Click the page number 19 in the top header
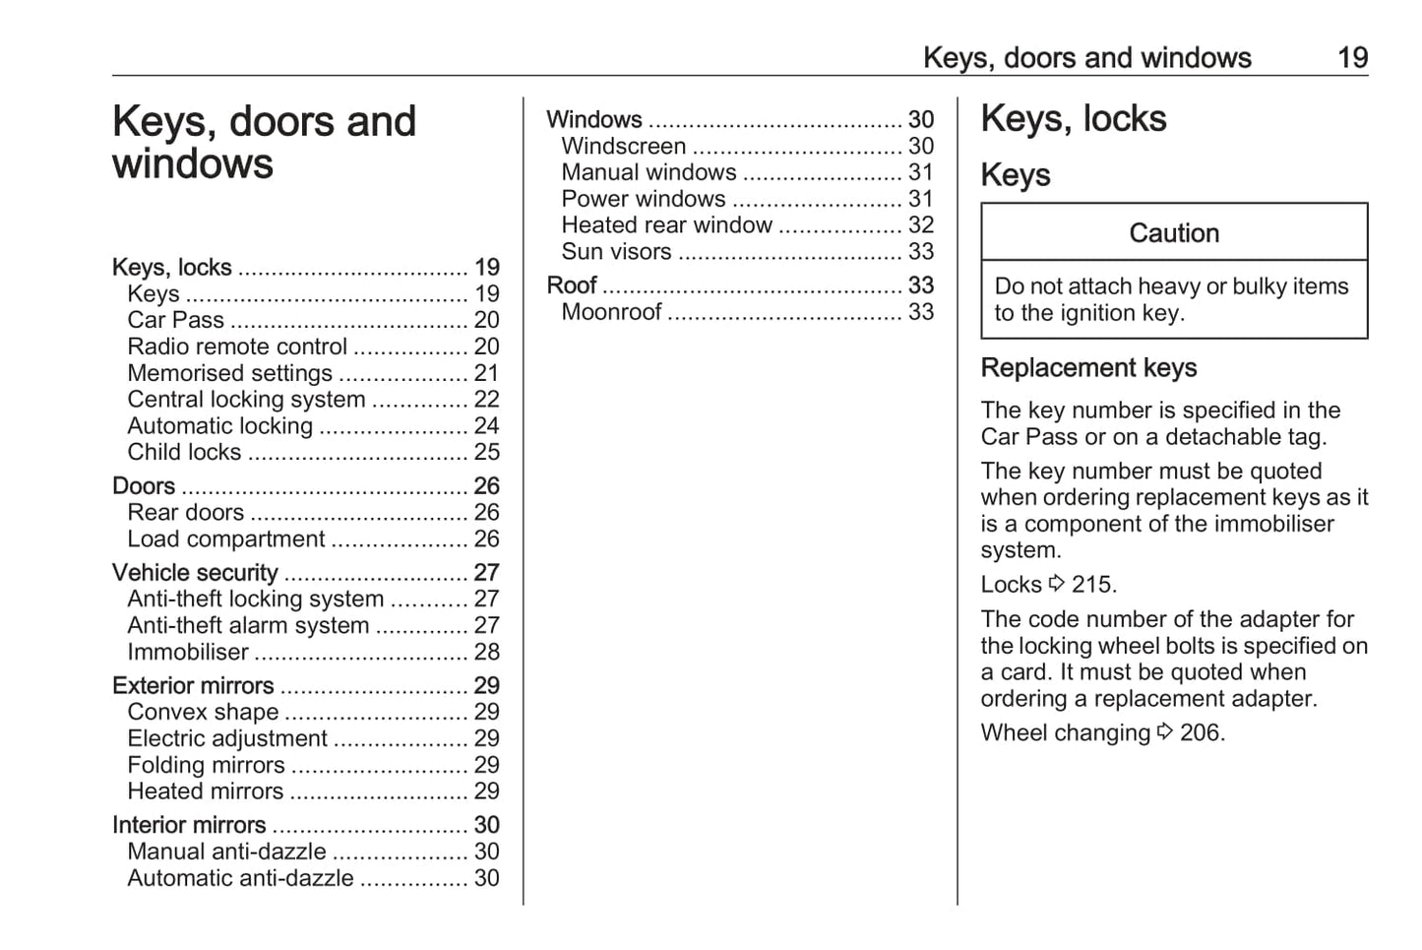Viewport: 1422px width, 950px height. pos(1352,58)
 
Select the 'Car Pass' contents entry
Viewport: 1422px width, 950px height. pos(175,320)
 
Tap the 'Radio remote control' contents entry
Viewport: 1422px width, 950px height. pos(237,347)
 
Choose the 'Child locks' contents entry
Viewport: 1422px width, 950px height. pos(184,452)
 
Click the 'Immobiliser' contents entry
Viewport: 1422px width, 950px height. pos(188,652)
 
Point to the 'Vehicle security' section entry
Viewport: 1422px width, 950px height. pos(195,572)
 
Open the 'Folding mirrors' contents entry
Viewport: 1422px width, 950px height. pos(206,765)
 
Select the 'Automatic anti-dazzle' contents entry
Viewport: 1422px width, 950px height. pos(240,878)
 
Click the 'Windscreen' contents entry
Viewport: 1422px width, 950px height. pos(624,146)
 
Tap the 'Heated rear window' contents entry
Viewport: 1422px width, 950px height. pos(666,225)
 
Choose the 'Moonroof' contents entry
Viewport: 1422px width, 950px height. pos(611,312)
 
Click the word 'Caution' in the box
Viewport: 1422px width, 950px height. pos(1174,233)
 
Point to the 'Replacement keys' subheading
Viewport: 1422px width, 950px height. pos(1088,368)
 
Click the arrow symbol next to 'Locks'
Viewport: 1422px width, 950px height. pos(1057,584)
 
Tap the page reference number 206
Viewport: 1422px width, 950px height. pos(1201,733)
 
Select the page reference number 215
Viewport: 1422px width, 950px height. pos(1092,585)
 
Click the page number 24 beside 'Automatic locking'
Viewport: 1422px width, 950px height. pos(486,426)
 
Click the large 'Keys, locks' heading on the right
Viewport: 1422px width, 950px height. pos(1073,119)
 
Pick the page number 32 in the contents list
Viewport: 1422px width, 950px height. pos(920,225)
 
